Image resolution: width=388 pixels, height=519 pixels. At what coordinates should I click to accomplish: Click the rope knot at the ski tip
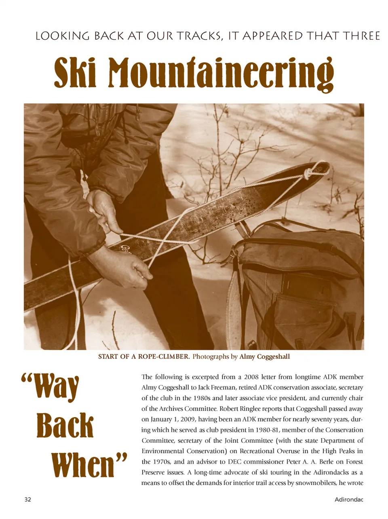coord(310,173)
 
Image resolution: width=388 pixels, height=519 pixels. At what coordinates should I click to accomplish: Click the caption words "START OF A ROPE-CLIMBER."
coord(144,357)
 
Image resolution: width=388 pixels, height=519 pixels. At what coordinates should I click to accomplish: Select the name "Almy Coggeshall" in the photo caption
coord(265,357)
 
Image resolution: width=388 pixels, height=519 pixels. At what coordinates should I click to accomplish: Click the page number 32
coord(27,499)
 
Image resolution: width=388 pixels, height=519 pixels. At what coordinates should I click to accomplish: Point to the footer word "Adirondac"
coord(349,499)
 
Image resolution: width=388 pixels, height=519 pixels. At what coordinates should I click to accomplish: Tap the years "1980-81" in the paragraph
coord(265,430)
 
